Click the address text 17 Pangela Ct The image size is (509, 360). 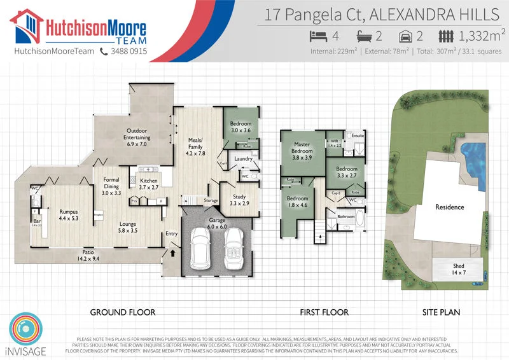(312, 14)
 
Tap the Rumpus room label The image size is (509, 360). (69, 214)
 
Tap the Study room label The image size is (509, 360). (239, 199)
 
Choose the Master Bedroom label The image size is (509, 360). (302, 148)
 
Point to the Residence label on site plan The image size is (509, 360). (449, 207)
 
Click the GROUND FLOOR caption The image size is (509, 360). (122, 312)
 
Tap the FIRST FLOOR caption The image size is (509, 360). (324, 312)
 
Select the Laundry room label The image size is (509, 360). (243, 158)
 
